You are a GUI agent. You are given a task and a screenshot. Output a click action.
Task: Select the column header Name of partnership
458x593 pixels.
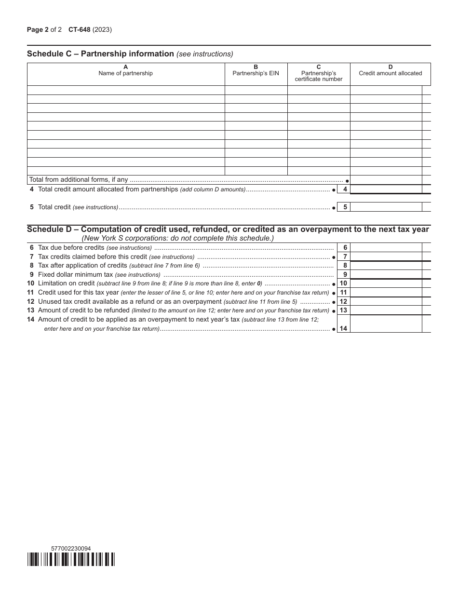point(125,73)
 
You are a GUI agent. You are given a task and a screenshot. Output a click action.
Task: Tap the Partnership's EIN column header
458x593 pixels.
point(256,73)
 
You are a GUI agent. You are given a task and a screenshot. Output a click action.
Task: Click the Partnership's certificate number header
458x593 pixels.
point(319,76)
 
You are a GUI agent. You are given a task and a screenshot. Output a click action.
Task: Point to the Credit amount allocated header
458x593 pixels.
point(390,73)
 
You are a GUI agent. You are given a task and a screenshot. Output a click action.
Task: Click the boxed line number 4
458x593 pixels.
point(343,189)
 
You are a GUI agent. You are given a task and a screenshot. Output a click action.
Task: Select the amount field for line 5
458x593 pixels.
point(386,207)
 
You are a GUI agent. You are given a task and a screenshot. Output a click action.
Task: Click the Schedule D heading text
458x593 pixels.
point(228,229)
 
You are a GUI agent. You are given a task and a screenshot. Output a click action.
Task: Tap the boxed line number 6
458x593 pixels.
point(343,248)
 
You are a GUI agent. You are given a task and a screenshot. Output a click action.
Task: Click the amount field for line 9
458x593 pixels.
point(386,274)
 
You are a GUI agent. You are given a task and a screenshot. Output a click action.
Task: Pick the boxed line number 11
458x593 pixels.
point(343,292)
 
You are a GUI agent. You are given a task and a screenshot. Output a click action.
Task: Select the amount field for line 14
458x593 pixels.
point(386,324)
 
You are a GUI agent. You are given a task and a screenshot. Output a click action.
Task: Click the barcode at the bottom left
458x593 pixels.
point(71,559)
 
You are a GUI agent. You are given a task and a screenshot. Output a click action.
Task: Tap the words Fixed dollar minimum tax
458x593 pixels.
point(75,274)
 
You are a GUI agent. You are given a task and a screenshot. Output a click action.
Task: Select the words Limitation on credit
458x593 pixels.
point(66,283)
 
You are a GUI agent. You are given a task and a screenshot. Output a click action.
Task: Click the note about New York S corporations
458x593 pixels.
point(177,238)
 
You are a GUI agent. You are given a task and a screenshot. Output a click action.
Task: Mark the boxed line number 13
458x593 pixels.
point(343,310)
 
